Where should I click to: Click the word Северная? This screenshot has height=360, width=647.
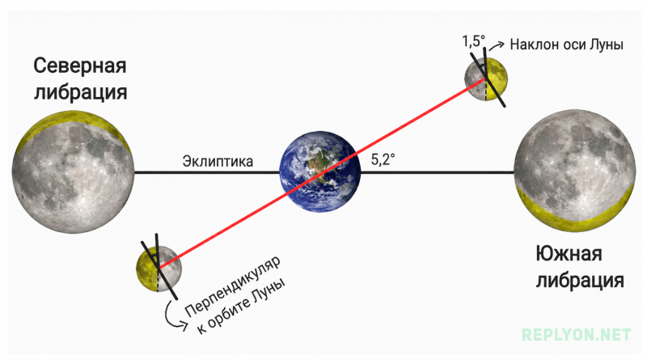pos(80,66)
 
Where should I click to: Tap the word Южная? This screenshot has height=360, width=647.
pos(569,253)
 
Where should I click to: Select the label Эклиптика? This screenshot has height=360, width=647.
pos(218,161)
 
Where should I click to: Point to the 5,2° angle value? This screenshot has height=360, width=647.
pos(383,159)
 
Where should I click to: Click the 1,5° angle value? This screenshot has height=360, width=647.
pos(473,41)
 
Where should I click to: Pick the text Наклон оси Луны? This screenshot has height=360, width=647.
pos(566,44)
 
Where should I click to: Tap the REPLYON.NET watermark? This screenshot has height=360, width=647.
pos(576,334)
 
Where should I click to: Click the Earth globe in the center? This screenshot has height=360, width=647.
pos(319,172)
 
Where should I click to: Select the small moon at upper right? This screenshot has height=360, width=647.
pos(486,78)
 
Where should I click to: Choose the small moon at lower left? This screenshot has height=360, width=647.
pos(159,269)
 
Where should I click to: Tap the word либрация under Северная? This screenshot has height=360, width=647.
pos(80,92)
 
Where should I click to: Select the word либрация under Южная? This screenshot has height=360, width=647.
pos(580,281)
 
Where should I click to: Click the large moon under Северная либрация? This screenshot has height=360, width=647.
pos(73,172)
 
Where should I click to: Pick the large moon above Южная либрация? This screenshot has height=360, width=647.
pos(575,171)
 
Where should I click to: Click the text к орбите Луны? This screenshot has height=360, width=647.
pos(241,306)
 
